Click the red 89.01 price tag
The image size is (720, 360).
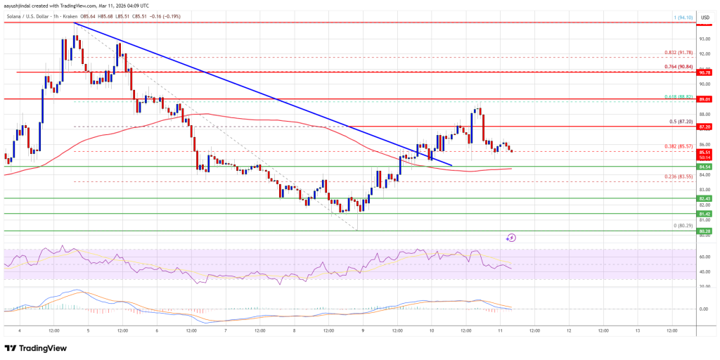[x=705, y=99]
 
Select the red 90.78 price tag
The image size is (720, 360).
[x=705, y=72]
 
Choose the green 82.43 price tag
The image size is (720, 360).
[x=705, y=199]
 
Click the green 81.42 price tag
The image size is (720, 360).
[x=705, y=214]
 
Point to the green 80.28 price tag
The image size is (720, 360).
[x=705, y=231]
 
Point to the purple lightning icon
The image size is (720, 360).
[x=511, y=238]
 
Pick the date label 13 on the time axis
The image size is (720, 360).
[x=637, y=330]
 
